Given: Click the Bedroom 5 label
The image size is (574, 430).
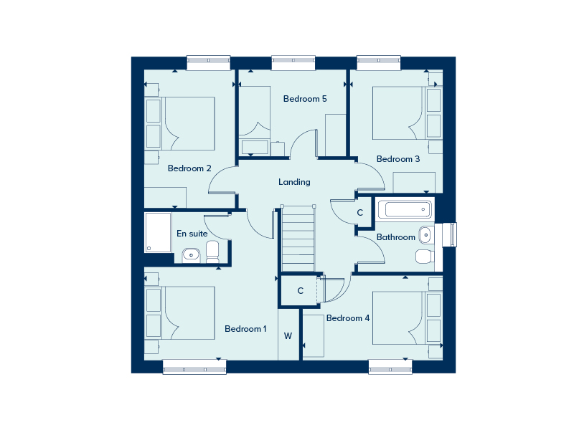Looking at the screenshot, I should tap(305, 99).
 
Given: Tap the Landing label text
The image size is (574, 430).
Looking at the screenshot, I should tap(294, 182).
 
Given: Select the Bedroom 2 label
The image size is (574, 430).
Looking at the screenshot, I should tap(189, 169).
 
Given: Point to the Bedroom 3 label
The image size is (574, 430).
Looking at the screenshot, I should tap(398, 159).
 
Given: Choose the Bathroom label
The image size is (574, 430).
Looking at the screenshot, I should tap(396, 237).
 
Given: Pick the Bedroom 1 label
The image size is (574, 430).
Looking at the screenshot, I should tap(245, 329).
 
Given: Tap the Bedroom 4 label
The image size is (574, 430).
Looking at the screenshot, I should tap(348, 317).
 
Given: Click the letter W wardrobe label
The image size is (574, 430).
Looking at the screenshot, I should tap(288, 335).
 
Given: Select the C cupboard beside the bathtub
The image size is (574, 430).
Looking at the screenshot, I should tap(360, 213).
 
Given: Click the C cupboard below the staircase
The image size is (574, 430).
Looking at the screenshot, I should tap(301, 290).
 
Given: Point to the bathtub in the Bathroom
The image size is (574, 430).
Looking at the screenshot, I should tap(406, 210).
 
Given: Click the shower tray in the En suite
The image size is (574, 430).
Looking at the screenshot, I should tap(159, 232).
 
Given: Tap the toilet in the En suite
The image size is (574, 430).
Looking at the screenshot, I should tap(212, 252).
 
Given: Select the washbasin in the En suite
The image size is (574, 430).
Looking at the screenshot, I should tap(191, 254).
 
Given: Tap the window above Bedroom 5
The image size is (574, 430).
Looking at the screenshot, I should tap(293, 63).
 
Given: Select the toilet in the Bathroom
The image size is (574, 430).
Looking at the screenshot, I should tap(424, 256).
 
